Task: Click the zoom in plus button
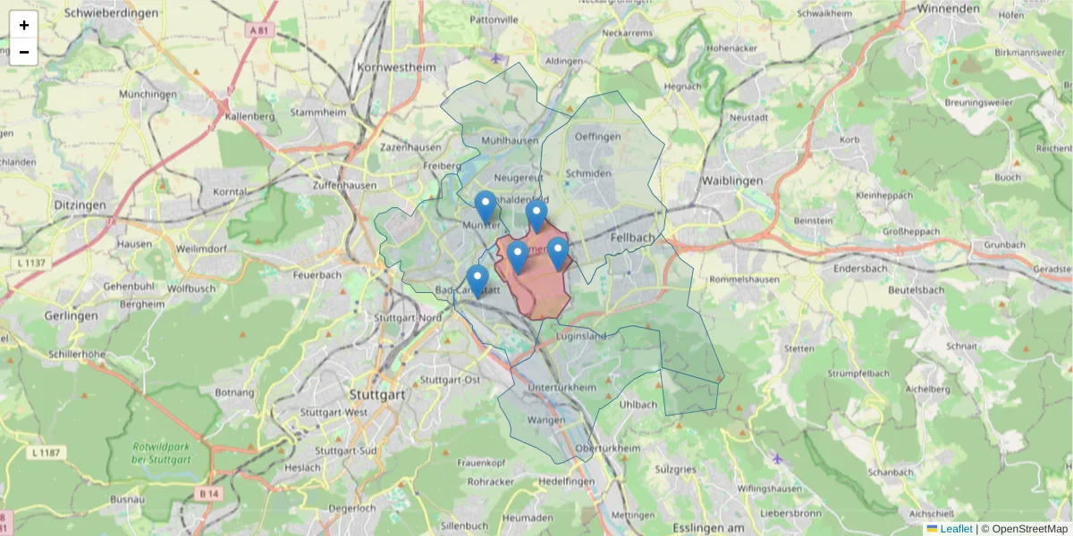point(24,25)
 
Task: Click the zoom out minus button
point(24,52)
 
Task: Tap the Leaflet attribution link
point(955,529)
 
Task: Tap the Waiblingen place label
point(733,180)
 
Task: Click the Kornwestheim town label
point(395,67)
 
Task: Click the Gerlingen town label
point(71,316)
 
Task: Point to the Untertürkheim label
point(562,387)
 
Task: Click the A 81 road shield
point(258,29)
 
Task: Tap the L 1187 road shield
point(45,453)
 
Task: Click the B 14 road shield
point(208,493)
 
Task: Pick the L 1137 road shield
point(30,263)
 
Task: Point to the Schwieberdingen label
point(112,13)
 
